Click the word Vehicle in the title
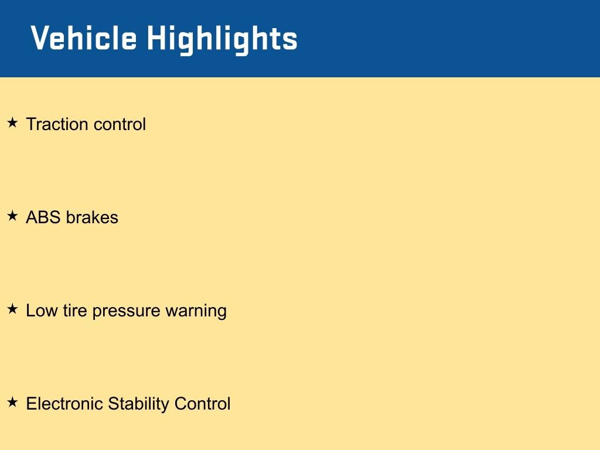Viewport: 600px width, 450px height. click(84, 38)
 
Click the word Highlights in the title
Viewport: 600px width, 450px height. click(222, 40)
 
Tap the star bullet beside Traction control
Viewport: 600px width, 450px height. click(13, 123)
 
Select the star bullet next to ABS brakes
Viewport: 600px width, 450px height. click(13, 216)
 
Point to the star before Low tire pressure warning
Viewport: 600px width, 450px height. click(13, 309)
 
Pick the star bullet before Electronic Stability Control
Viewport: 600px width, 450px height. click(13, 402)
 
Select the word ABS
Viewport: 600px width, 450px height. click(43, 217)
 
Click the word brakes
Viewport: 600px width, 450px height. click(92, 217)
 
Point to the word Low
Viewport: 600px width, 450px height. click(42, 311)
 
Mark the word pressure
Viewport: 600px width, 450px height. click(127, 312)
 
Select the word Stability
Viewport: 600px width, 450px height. click(138, 404)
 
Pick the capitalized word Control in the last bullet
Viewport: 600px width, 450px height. click(202, 403)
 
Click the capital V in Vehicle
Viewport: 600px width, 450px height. click(39, 38)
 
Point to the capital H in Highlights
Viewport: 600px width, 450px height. click(156, 38)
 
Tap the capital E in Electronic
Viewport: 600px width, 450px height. click(32, 403)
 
